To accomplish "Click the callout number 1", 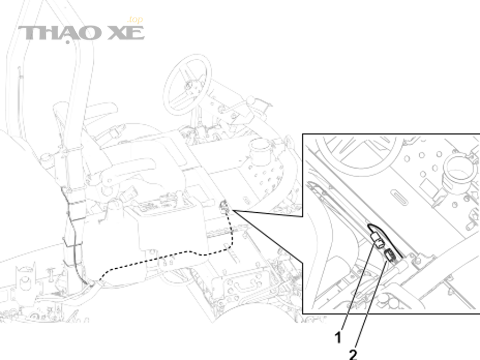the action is coord(338,338).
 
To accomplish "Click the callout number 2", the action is coord(353,355).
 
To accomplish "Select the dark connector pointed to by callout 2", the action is coord(390,255).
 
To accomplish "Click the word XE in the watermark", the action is coord(126,33).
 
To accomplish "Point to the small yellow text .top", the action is coord(135,20).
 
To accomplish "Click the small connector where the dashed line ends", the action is coord(224,206).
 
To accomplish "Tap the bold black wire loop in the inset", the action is coord(385,239).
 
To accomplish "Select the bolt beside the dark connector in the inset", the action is coord(416,260).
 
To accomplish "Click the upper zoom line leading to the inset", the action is coord(268,213).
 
